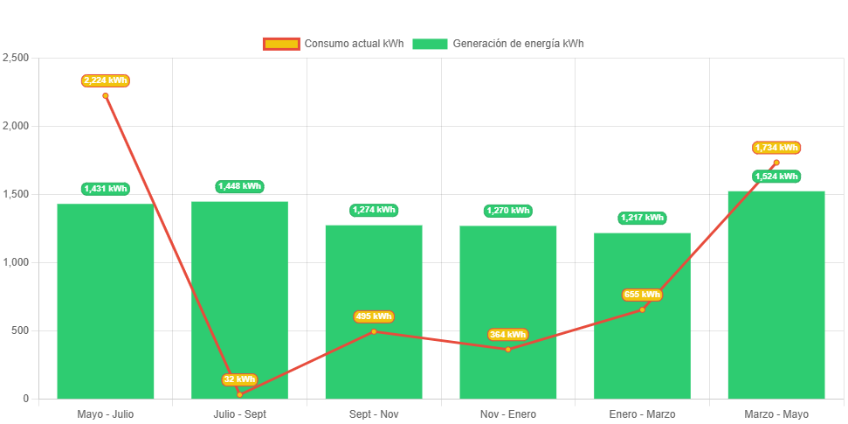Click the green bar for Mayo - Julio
pos(105,302)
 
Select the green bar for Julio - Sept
pos(239,297)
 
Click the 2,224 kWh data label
pos(106,80)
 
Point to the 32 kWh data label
pos(239,379)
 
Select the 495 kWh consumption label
pos(374,316)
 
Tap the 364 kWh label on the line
pos(507,335)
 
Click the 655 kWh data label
pos(642,295)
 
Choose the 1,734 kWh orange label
pos(776,148)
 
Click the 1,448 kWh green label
pos(239,186)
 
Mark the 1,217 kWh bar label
pos(642,218)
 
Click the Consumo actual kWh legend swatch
pos(281,44)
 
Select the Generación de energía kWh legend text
pos(519,44)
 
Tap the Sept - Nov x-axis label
pos(374,414)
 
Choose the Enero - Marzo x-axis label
pos(642,414)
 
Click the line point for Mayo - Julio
pos(106,96)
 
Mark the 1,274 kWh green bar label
pos(374,210)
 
